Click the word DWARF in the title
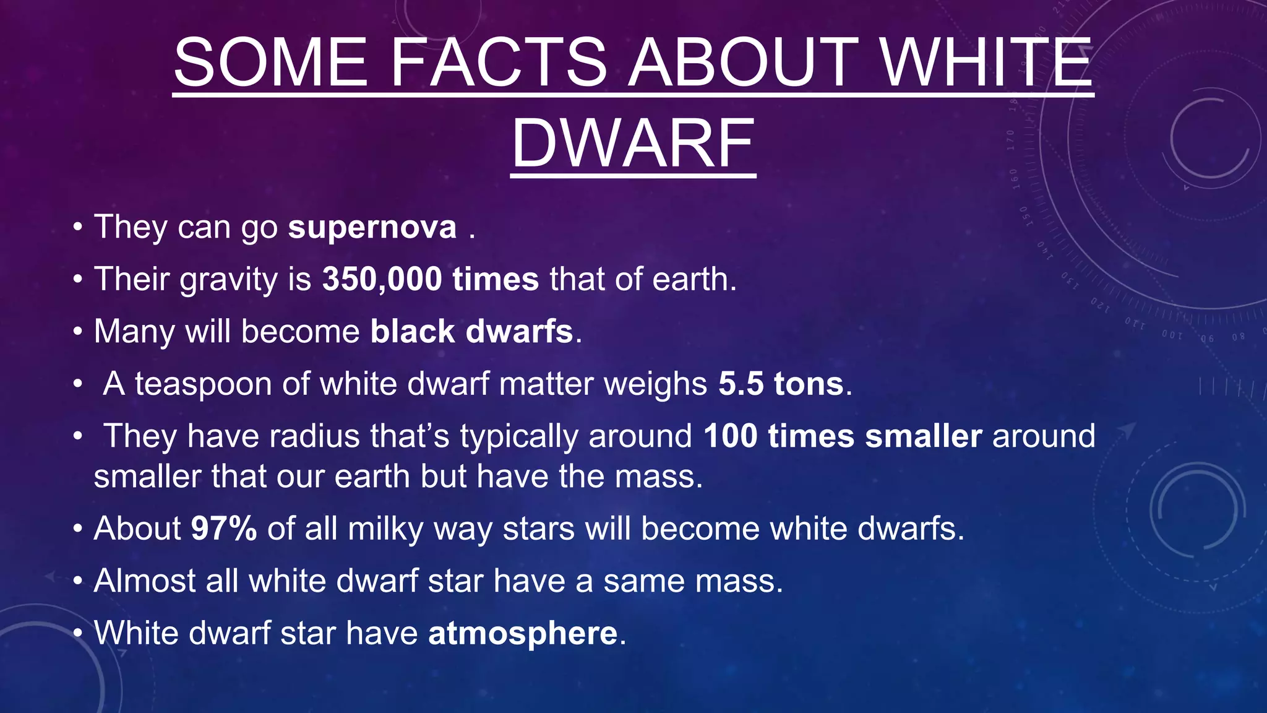(633, 144)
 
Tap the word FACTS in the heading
(499, 63)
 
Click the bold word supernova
(372, 227)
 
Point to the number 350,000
(382, 279)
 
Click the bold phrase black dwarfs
(471, 332)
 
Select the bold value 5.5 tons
(781, 384)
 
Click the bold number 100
(730, 436)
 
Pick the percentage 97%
(223, 529)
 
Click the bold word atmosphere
(523, 634)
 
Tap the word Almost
(145, 581)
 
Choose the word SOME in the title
(271, 63)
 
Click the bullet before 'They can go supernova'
(77, 228)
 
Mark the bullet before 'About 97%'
(77, 530)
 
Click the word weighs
(655, 385)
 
